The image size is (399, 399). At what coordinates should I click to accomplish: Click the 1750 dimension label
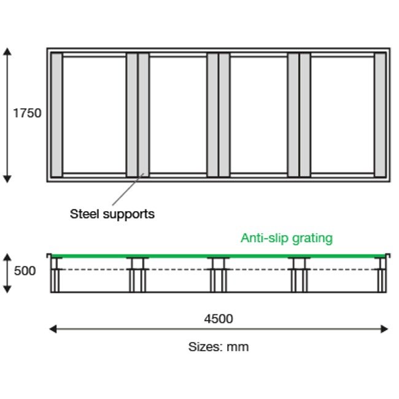27,114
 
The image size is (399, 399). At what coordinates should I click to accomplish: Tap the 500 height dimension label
25,271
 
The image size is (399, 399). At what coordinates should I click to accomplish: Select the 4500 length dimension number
219,319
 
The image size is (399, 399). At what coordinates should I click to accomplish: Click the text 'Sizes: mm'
219,347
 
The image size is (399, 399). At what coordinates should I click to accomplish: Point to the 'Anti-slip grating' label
286,238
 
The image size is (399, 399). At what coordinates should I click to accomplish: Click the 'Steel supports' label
112,214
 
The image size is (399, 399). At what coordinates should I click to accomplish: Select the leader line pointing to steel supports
127,191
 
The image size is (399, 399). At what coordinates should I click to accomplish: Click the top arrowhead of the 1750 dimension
7,52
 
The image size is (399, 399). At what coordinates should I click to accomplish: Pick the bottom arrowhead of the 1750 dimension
7,179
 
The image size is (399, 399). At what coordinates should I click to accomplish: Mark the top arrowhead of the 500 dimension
7,256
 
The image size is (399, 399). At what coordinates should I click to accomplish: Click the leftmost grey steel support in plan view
56,115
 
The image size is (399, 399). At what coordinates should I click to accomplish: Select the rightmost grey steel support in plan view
380,115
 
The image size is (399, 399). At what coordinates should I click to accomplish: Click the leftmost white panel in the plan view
95,115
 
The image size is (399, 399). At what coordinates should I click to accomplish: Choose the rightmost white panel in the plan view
342,115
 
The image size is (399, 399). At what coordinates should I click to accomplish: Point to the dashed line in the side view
178,269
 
